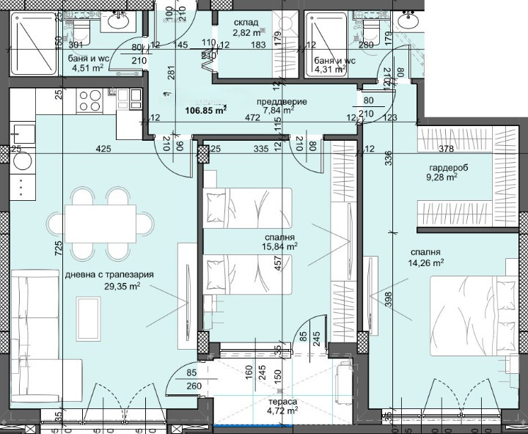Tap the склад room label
click(x=245, y=22)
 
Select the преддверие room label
click(x=282, y=102)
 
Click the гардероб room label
click(x=443, y=166)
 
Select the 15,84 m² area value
click(x=282, y=248)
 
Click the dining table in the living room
click(x=100, y=223)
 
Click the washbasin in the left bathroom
click(x=117, y=22)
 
